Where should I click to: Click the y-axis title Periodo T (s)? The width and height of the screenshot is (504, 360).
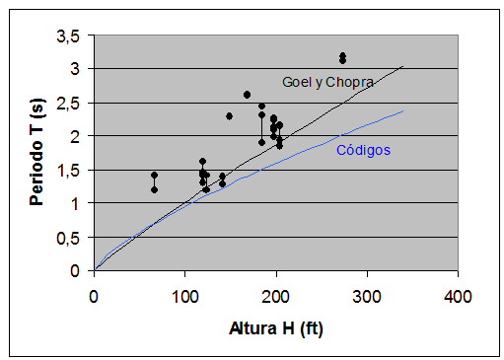(x=37, y=152)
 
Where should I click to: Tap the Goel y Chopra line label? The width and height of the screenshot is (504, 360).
(x=327, y=83)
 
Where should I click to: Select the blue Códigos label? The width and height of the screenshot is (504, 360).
(x=363, y=151)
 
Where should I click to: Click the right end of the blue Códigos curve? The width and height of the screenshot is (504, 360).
(x=402, y=110)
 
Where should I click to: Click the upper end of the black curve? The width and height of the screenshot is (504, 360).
(x=402, y=66)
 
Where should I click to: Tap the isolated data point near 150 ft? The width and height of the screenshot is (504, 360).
(x=229, y=115)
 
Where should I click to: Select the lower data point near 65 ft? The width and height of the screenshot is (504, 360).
(x=154, y=189)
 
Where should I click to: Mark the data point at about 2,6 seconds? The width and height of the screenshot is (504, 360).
(x=247, y=95)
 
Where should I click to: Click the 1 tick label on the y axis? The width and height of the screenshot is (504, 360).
(x=77, y=204)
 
